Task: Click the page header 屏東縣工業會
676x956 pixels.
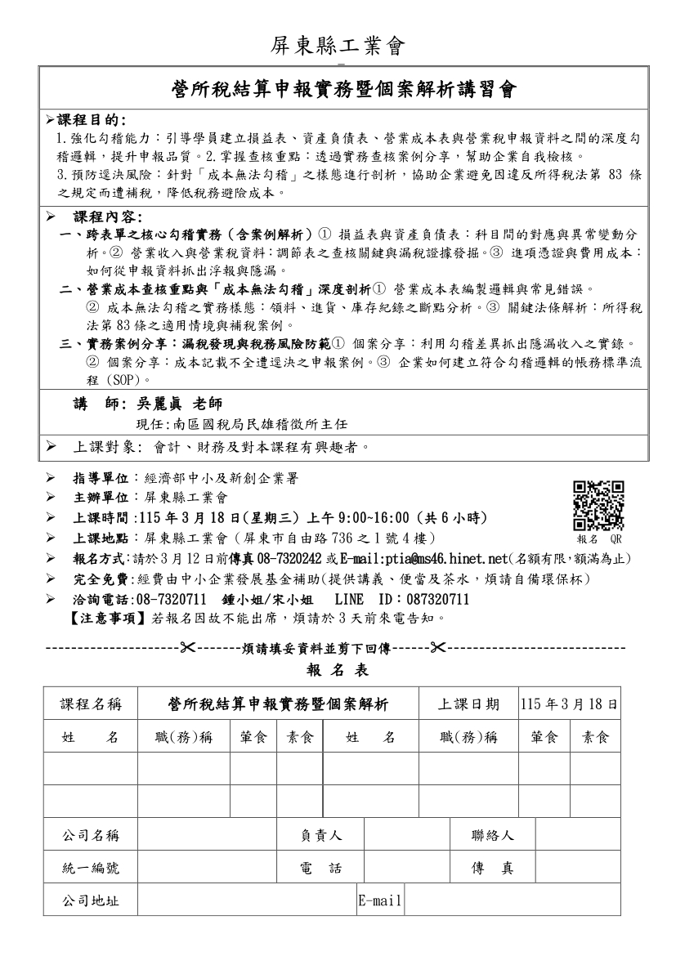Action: point(338,47)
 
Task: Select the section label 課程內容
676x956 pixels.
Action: point(105,217)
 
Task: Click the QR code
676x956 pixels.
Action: point(598,506)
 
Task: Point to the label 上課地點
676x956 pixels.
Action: point(101,538)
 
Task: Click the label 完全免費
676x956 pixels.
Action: point(101,579)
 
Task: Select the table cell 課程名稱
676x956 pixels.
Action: point(91,704)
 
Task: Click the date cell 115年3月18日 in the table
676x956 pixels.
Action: point(569,704)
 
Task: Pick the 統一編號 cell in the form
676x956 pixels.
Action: point(91,869)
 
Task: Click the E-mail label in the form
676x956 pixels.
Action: point(380,901)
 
